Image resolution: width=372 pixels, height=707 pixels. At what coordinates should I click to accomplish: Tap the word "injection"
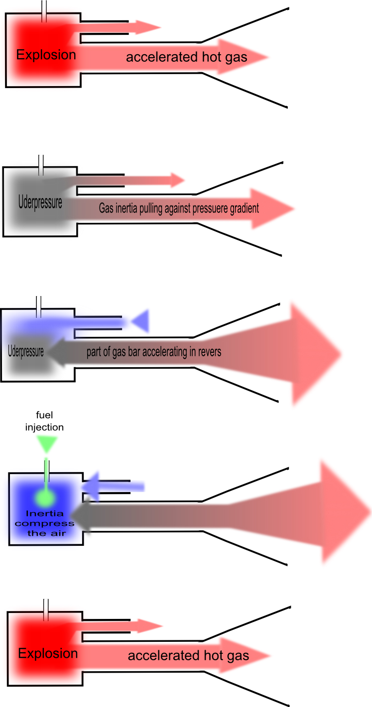[45, 427]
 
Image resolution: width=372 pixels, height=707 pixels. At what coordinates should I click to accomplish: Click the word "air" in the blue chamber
[59, 533]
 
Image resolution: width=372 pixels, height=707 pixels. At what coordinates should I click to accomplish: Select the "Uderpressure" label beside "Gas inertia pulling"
[40, 203]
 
